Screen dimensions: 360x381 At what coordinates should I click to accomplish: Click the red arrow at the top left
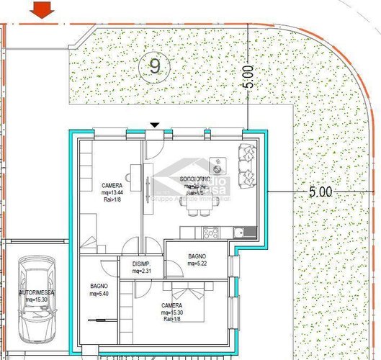click(x=45, y=9)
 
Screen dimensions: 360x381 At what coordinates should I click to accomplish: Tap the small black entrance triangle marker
click(x=154, y=125)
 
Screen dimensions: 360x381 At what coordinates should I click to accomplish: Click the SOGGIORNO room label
click(x=195, y=179)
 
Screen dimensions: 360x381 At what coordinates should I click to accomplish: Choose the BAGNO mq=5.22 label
click(x=197, y=260)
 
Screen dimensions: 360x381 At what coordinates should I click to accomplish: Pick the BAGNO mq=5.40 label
click(x=99, y=290)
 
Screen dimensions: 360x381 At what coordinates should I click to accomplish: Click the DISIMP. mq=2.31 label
click(x=142, y=267)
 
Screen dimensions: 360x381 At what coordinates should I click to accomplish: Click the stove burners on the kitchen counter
click(x=210, y=232)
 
